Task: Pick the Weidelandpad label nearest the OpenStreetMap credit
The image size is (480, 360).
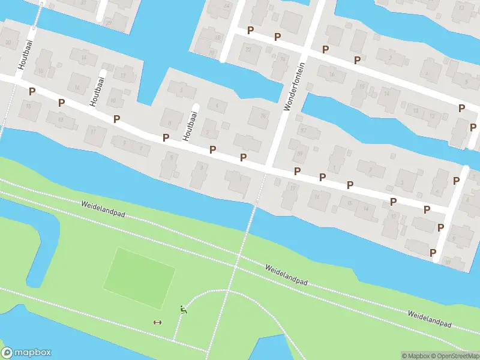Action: [x=429, y=319]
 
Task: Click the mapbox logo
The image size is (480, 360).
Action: [x=26, y=353]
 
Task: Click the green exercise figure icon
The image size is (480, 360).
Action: [x=183, y=310]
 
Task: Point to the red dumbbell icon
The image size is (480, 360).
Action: [x=158, y=322]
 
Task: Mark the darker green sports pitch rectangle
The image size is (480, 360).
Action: [x=139, y=278]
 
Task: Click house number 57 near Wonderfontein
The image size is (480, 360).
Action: [x=303, y=129]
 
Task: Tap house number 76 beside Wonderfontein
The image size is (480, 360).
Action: [x=282, y=59]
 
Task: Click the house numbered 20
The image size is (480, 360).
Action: [x=8, y=42]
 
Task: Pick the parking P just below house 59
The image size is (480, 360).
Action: [x=297, y=171]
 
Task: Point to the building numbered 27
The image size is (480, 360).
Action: [x=109, y=22]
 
